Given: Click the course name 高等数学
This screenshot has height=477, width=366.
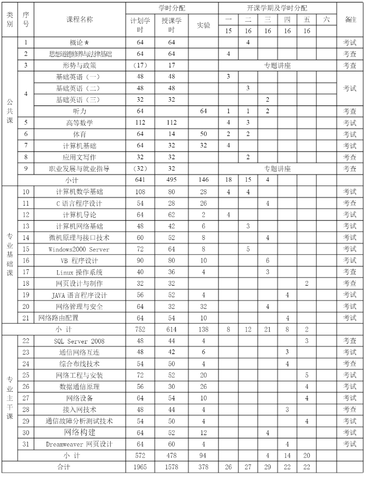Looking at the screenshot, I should coord(80,123).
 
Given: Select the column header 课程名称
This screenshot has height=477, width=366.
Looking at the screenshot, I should coord(80,19).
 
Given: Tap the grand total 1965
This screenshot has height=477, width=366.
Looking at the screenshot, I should coord(140,467).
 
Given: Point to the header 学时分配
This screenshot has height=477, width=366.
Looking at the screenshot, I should coord(172,8).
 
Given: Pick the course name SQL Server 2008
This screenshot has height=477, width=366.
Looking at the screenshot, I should coord(79,341).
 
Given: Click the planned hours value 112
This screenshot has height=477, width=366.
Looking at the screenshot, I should coord(140,123).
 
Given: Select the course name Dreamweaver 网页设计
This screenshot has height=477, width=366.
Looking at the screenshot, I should coord(79,444).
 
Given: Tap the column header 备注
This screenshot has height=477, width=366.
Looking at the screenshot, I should coord(350,19).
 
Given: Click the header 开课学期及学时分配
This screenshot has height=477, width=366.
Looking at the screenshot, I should coord(277,8).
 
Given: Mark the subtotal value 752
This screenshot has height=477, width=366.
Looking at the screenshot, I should coord(140,330).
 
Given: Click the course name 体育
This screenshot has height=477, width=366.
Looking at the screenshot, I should coord(80,134).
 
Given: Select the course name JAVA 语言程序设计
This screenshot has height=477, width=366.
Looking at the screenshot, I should coord(79,295).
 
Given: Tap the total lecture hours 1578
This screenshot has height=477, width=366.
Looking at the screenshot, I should coord(172,467).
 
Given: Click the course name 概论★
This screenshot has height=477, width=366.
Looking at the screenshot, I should coord(79,42).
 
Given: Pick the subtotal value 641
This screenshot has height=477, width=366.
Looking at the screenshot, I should coord(140,180).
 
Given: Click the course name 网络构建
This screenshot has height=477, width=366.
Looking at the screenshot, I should coord(80,432).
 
